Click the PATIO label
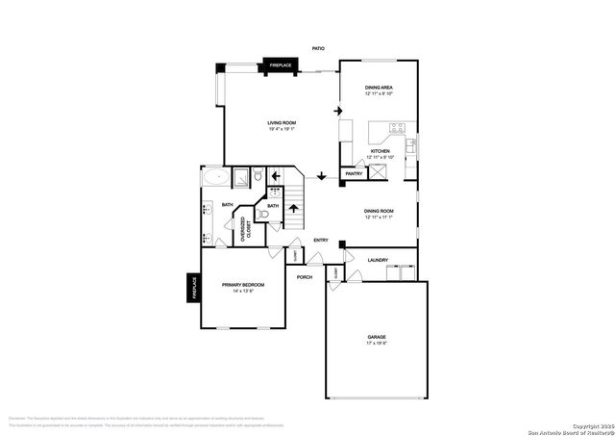[x=318, y=48]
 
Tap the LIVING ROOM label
[x=283, y=122]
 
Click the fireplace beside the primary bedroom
[x=192, y=288]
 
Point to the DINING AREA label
[x=380, y=88]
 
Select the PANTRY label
[x=354, y=174]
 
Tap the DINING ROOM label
[x=380, y=212]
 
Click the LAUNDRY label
[x=379, y=260]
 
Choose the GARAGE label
[x=376, y=337]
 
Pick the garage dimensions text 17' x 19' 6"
[x=376, y=344]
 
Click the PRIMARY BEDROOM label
[x=243, y=285]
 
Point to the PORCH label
[x=305, y=277]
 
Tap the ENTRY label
[x=321, y=240]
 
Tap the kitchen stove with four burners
[x=398, y=128]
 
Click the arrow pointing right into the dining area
[x=338, y=111]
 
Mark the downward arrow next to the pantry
[x=321, y=176]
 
